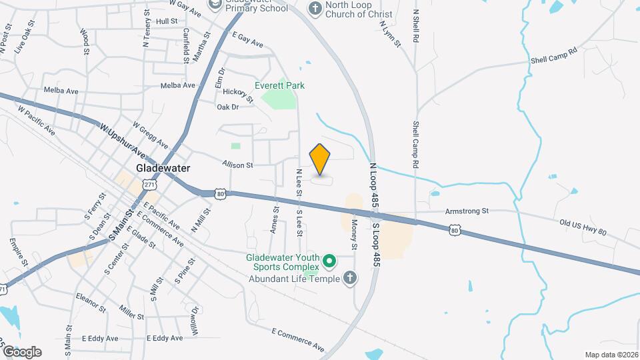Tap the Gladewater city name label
163,168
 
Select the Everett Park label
279,85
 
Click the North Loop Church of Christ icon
315,8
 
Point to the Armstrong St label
467,211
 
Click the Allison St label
237,165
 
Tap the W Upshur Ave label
123,136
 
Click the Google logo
22,351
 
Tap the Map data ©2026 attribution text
611,354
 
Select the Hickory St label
239,95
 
